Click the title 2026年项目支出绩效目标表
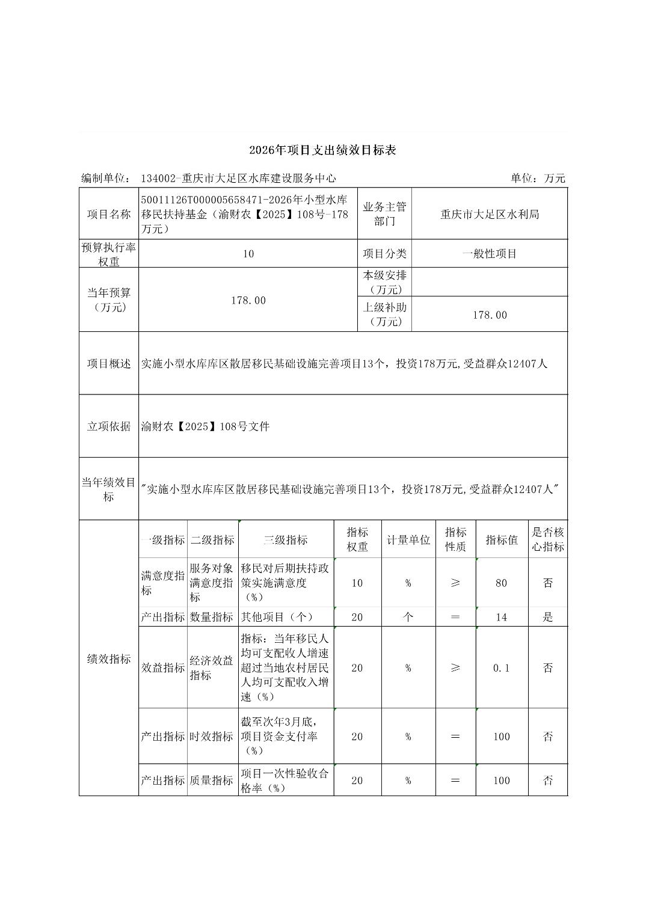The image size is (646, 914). [x=322, y=150]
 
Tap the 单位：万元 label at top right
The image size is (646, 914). [x=538, y=178]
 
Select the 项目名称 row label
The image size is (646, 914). [x=109, y=214]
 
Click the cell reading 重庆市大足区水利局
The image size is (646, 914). [x=490, y=214]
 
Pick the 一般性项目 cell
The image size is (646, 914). [x=490, y=254]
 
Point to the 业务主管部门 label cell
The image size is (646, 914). [x=384, y=214]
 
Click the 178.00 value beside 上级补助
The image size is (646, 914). [x=490, y=315]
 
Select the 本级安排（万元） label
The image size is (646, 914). [x=384, y=282]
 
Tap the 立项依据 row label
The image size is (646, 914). [x=109, y=426]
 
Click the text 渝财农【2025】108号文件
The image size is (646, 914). [x=206, y=427]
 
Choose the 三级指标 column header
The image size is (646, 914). [x=286, y=540]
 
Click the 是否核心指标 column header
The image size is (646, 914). [x=547, y=539]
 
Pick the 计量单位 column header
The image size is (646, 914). [x=408, y=540]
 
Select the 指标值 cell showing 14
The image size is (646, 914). [x=502, y=617]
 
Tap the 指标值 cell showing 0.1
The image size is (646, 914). [x=502, y=668]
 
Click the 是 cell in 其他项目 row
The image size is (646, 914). [x=547, y=617]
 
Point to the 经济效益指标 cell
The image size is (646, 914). [x=212, y=668]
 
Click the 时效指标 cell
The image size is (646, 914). [x=212, y=737]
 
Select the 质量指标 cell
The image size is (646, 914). [x=212, y=781]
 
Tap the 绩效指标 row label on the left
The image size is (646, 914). [x=109, y=659]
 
